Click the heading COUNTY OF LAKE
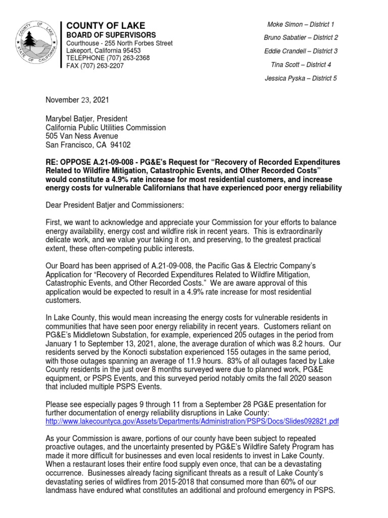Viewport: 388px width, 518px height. [106, 25]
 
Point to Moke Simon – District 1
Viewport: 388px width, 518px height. [300, 24]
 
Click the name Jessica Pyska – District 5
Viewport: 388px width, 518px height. [300, 78]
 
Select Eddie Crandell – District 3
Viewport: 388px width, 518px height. [300, 51]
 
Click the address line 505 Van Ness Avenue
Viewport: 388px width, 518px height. [82, 136]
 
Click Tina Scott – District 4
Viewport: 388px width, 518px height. [300, 65]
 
